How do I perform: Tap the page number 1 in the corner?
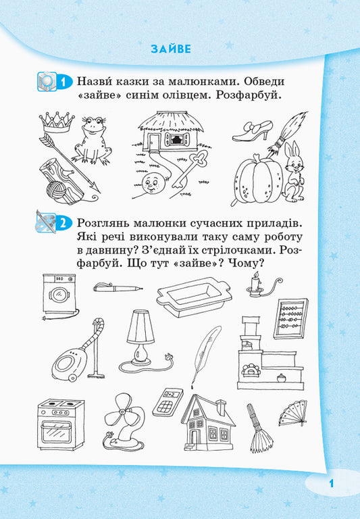click(x=332, y=483)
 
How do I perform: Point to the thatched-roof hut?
click(x=169, y=134)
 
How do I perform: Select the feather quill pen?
click(x=205, y=353)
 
